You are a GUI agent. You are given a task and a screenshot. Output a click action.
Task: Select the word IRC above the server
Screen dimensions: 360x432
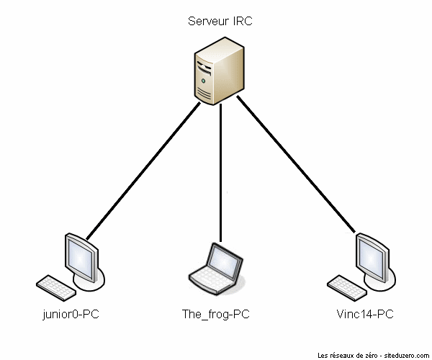pos(243,22)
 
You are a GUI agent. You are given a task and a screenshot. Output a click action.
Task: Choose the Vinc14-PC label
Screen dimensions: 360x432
pos(365,315)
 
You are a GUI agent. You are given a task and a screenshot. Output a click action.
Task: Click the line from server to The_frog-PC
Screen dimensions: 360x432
pos(220,173)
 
